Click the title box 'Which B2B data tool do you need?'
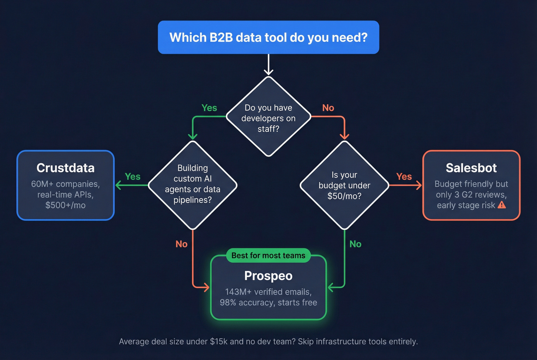pos(268,37)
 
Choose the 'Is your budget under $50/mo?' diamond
pos(344,185)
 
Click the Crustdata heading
pos(66,168)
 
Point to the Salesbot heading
pos(471,168)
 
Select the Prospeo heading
pos(268,276)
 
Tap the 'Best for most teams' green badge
pos(268,255)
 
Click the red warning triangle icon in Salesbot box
pos(502,205)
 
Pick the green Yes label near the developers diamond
pos(209,108)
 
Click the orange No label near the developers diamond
pos(328,108)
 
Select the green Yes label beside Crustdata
pos(132,176)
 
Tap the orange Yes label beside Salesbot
pos(404,176)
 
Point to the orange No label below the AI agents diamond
pos(181,244)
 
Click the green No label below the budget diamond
pos(355,244)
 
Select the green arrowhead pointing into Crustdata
pos(118,185)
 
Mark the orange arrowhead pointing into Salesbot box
pos(419,185)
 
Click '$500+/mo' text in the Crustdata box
pos(66,205)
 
